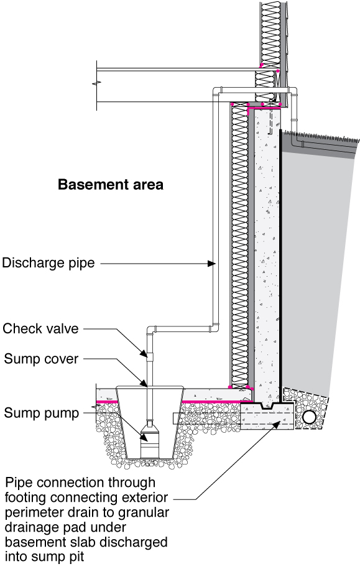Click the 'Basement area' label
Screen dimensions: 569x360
pyautogui.click(x=110, y=185)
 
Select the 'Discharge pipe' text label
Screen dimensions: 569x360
pyautogui.click(x=48, y=263)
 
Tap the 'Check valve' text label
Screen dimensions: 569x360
pyautogui.click(x=40, y=328)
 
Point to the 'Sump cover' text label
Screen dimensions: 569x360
pyautogui.click(x=40, y=359)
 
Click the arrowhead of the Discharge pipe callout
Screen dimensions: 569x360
pyautogui.click(x=212, y=264)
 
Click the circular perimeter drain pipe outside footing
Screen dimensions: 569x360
pyautogui.click(x=308, y=415)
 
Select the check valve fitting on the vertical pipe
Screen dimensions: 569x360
pyautogui.click(x=149, y=356)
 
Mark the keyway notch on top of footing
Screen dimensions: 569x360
pyautogui.click(x=270, y=406)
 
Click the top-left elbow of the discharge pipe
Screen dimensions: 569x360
pyautogui.click(x=215, y=91)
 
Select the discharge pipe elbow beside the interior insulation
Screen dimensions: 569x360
pyautogui.click(x=215, y=325)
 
